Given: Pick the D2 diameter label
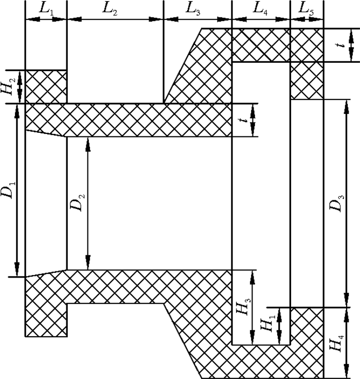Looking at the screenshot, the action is click(x=77, y=202).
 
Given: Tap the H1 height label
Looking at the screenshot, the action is click(x=267, y=324).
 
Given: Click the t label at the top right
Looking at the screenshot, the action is click(x=341, y=45).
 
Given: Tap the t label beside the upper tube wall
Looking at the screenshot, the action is click(x=245, y=120).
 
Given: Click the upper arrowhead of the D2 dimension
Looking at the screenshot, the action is click(x=88, y=144).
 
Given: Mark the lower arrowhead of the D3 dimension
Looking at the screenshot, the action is click(x=347, y=300).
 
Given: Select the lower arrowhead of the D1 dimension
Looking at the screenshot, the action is click(x=17, y=269).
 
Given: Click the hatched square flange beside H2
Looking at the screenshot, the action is click(x=46, y=87).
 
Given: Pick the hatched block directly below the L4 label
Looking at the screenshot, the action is click(x=261, y=45).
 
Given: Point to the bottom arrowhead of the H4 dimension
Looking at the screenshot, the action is click(x=347, y=371).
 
